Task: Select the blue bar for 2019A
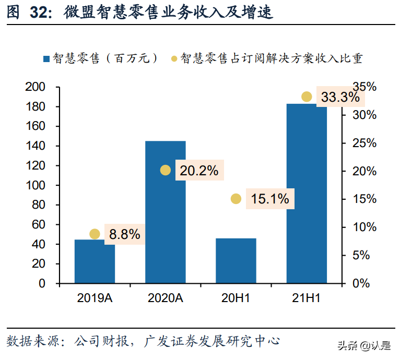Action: (x=95, y=261)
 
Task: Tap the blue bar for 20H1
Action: (x=236, y=261)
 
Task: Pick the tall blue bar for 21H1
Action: (x=307, y=193)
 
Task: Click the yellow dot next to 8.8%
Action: (x=95, y=234)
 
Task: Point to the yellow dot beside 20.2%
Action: (x=166, y=170)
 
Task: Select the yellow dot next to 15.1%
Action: (x=236, y=199)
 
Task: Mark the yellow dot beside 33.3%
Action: (x=307, y=97)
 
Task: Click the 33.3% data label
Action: (x=340, y=98)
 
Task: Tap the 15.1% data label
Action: (x=269, y=199)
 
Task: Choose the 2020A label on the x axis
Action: (x=165, y=298)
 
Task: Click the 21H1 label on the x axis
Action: (x=307, y=298)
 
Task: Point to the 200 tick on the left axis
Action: (x=36, y=87)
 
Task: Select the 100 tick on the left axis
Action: (x=36, y=185)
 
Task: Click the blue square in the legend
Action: (x=45, y=58)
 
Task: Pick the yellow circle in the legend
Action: (x=174, y=58)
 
